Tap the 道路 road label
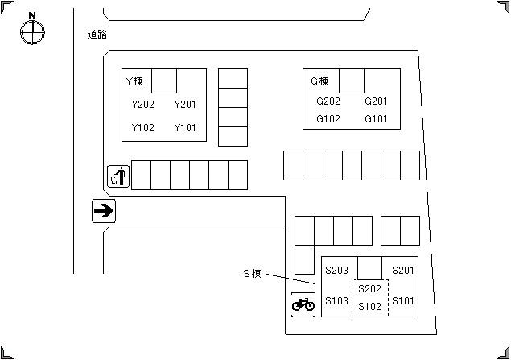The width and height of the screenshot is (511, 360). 97,35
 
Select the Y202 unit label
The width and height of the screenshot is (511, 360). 142,105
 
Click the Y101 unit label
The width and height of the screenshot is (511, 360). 185,127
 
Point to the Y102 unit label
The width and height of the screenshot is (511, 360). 142,127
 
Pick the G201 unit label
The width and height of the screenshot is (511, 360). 376,101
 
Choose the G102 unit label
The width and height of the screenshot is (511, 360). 328,118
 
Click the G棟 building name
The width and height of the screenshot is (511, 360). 319,81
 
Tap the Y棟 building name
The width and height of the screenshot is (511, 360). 134,81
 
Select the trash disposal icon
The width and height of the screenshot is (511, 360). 118,176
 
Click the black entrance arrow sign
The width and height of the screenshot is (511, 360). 104,211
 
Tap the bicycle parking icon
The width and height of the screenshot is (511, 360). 303,304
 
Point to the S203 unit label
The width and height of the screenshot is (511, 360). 337,270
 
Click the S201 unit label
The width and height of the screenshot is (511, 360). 403,270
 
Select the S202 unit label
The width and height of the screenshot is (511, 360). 369,288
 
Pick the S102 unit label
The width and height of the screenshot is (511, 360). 369,306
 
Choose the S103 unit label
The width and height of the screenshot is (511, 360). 337,300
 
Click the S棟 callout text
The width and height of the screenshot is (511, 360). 252,273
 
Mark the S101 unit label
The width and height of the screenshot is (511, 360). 403,300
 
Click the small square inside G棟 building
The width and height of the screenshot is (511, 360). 352,81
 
